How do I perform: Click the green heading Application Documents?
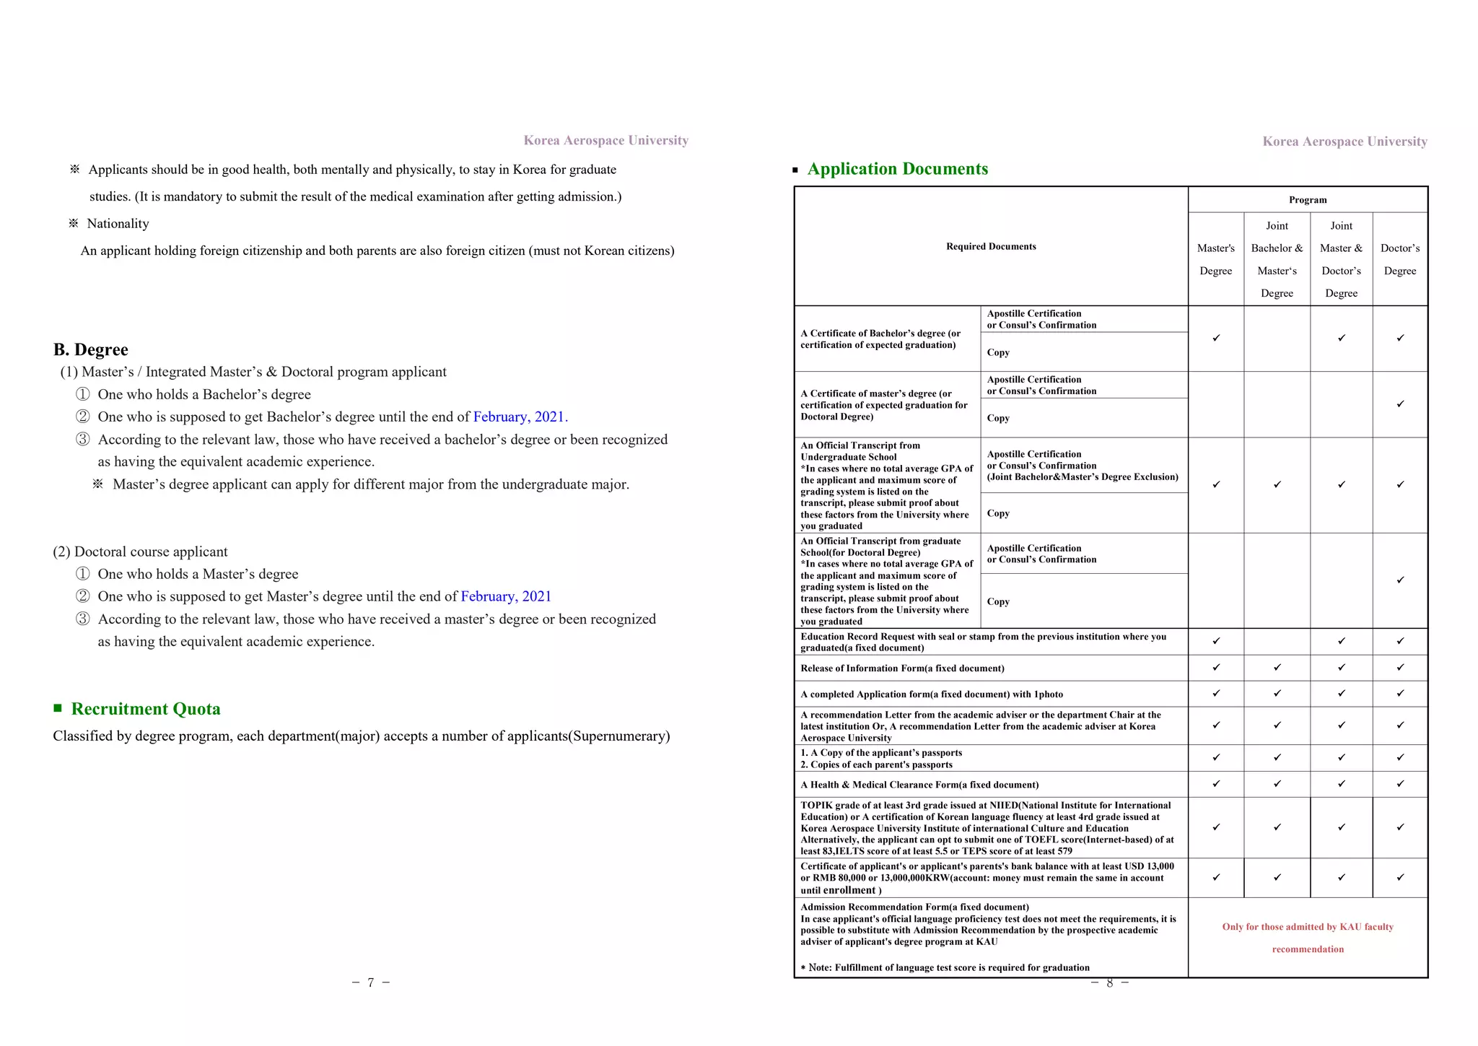click(897, 169)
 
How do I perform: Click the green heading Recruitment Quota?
click(146, 709)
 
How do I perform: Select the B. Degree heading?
click(91, 350)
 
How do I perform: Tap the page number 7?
click(370, 982)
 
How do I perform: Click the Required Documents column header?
click(991, 247)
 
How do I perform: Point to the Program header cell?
click(1308, 200)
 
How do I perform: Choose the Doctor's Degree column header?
click(1399, 259)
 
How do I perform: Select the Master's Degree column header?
click(1215, 259)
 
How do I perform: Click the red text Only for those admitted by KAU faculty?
click(1308, 927)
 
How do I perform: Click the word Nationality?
click(118, 224)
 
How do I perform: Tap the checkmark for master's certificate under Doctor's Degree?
click(1400, 404)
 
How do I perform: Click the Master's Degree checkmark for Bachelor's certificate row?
click(1216, 338)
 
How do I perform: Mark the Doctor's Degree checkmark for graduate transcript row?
click(1400, 580)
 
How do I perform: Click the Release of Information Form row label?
click(902, 668)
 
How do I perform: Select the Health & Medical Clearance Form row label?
click(919, 785)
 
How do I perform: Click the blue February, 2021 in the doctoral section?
click(506, 596)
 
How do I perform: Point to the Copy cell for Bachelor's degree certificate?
click(998, 352)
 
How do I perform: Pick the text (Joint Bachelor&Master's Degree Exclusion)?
click(1083, 477)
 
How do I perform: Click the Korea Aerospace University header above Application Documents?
click(1344, 141)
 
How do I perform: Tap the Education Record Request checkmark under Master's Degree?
click(1216, 641)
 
